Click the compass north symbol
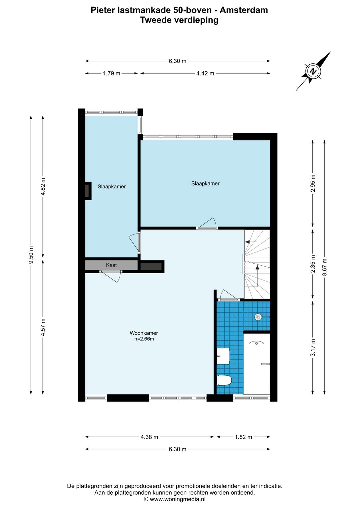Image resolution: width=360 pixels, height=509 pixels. [x=313, y=71]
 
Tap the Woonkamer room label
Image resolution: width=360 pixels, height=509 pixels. [x=144, y=333]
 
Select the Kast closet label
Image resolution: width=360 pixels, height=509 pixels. [x=111, y=265]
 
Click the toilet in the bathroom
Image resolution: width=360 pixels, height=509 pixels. [x=224, y=380]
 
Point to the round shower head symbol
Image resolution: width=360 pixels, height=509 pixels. [x=258, y=317]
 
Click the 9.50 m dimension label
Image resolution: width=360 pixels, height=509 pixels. [x=31, y=255]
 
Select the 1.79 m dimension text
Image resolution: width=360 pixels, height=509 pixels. [x=112, y=73]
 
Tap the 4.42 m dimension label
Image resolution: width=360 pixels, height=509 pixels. [x=205, y=73]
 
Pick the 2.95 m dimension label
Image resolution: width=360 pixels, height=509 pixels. [x=313, y=183]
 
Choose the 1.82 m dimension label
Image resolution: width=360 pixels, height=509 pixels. [x=243, y=437]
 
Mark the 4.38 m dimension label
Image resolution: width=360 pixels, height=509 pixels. [x=149, y=437]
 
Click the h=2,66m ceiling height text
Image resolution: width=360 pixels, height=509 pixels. [x=144, y=339]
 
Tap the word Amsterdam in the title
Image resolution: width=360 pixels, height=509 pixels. [x=244, y=10]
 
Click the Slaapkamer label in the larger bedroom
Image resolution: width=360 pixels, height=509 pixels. [x=205, y=183]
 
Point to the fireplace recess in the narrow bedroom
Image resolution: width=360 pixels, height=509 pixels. [x=88, y=191]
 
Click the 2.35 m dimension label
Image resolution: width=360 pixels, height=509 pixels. [x=313, y=264]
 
